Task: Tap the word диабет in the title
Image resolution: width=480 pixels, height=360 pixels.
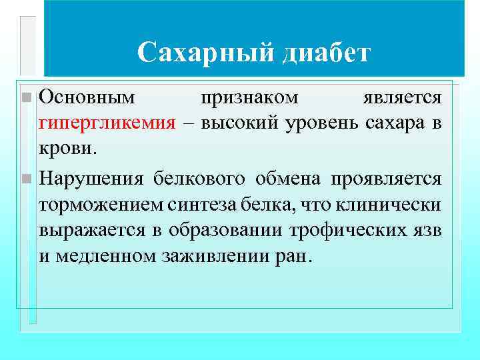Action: point(325,53)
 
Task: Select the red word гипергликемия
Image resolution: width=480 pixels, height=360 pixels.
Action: point(107,123)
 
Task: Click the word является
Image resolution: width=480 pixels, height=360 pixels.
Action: point(402,98)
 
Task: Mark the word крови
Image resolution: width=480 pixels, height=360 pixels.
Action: point(68,149)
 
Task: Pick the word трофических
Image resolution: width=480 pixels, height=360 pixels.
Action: point(348,230)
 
